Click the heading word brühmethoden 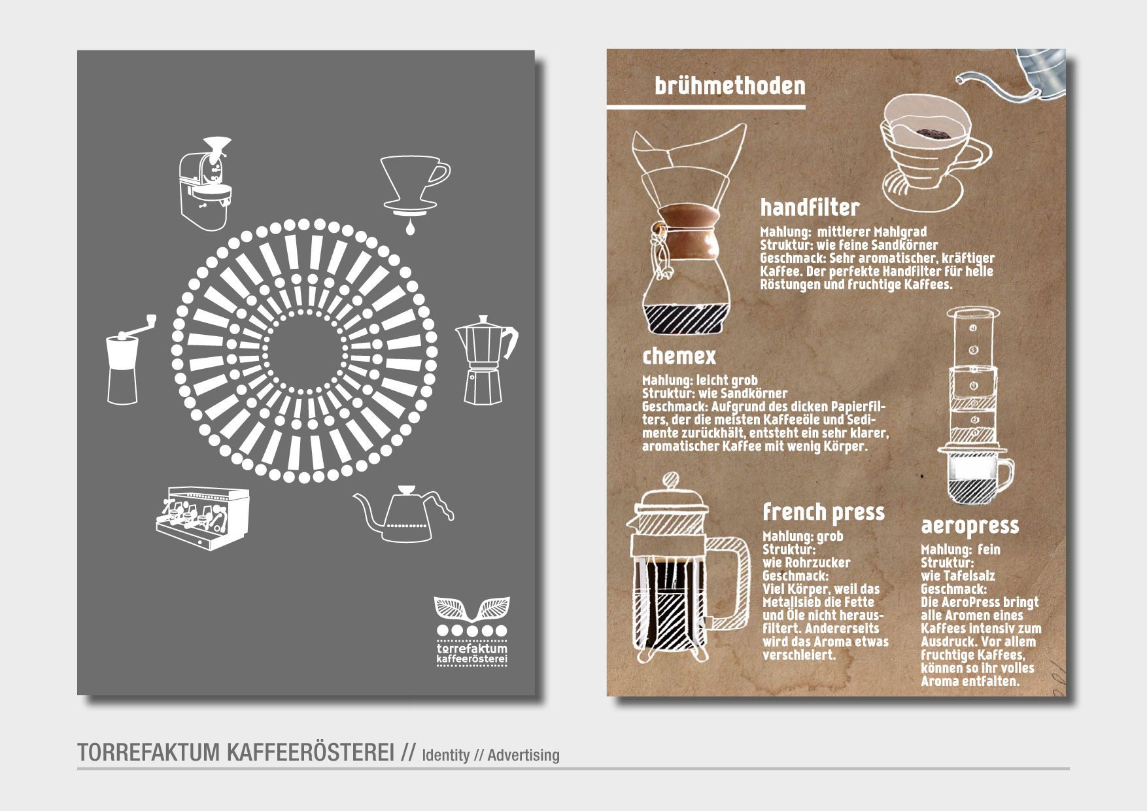[730, 86]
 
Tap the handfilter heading [810, 207]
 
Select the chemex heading [679, 356]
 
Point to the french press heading [823, 512]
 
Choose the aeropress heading [970, 526]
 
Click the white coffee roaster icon [205, 184]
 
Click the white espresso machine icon [202, 518]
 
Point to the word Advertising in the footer [523, 755]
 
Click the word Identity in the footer [446, 755]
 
